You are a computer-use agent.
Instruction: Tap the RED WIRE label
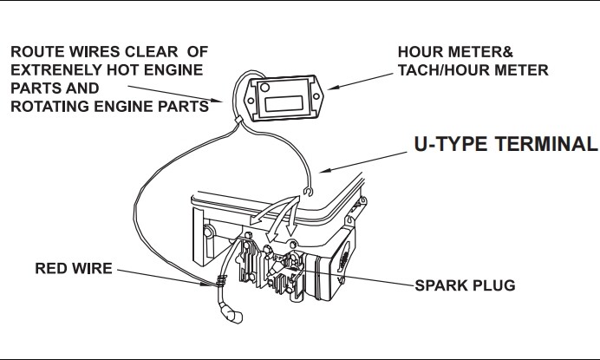click(x=74, y=269)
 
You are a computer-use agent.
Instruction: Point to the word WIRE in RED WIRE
click(x=90, y=269)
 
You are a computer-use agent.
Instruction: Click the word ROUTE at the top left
click(x=36, y=50)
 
